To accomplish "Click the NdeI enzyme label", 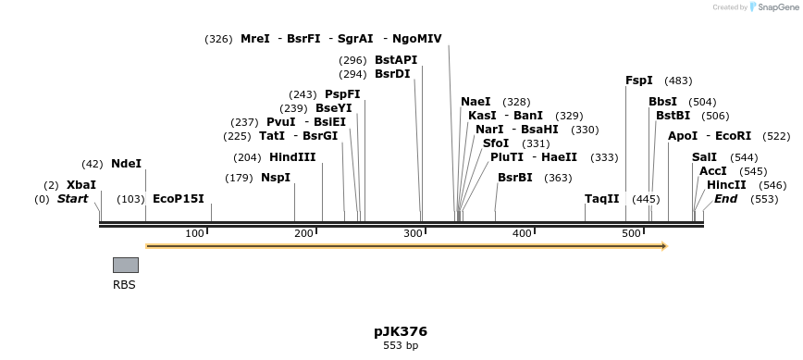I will click(126, 164).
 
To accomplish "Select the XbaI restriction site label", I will click(81, 185).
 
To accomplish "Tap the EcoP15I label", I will click(178, 199).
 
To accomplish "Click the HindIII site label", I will click(292, 157).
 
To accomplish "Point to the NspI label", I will click(276, 178).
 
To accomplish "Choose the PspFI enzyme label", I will click(342, 94).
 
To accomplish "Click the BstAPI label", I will click(396, 60).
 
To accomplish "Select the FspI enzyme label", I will click(639, 81).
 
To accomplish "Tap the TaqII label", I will click(601, 199).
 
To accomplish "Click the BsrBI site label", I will click(515, 178).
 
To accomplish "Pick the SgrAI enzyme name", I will click(355, 39).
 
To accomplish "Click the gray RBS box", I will click(126, 265).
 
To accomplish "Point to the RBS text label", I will click(124, 285).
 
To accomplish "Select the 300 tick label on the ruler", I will click(413, 233).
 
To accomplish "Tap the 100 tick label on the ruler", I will click(194, 233).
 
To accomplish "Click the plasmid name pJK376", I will click(401, 331).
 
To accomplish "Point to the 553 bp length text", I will click(401, 346).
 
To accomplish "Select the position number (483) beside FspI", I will click(678, 81).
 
